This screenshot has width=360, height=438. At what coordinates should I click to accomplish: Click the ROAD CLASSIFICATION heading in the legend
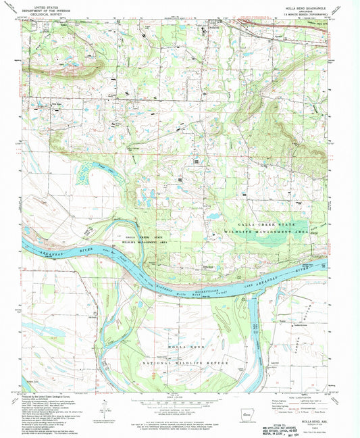click(300, 396)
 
